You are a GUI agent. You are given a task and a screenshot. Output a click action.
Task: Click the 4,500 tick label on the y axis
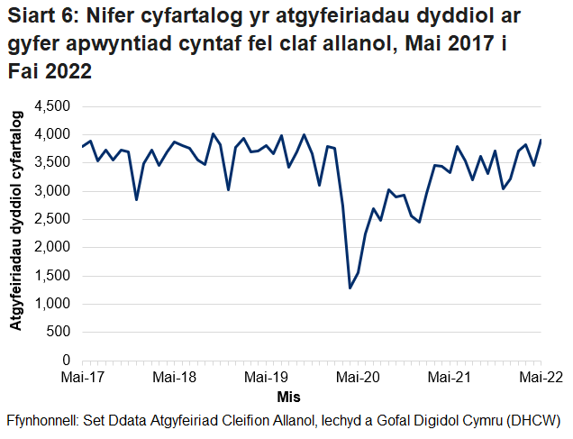52,106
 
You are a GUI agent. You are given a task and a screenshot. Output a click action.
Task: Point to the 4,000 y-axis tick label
52,134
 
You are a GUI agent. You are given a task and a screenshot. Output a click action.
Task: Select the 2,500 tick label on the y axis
52,219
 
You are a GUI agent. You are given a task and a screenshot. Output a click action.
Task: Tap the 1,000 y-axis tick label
52,304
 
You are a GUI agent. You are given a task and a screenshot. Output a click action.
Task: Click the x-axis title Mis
288,397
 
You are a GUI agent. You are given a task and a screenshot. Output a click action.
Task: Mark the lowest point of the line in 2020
350,288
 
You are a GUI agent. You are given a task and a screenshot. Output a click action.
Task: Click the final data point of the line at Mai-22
541,140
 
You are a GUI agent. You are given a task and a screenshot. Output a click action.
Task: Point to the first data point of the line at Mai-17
82,146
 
